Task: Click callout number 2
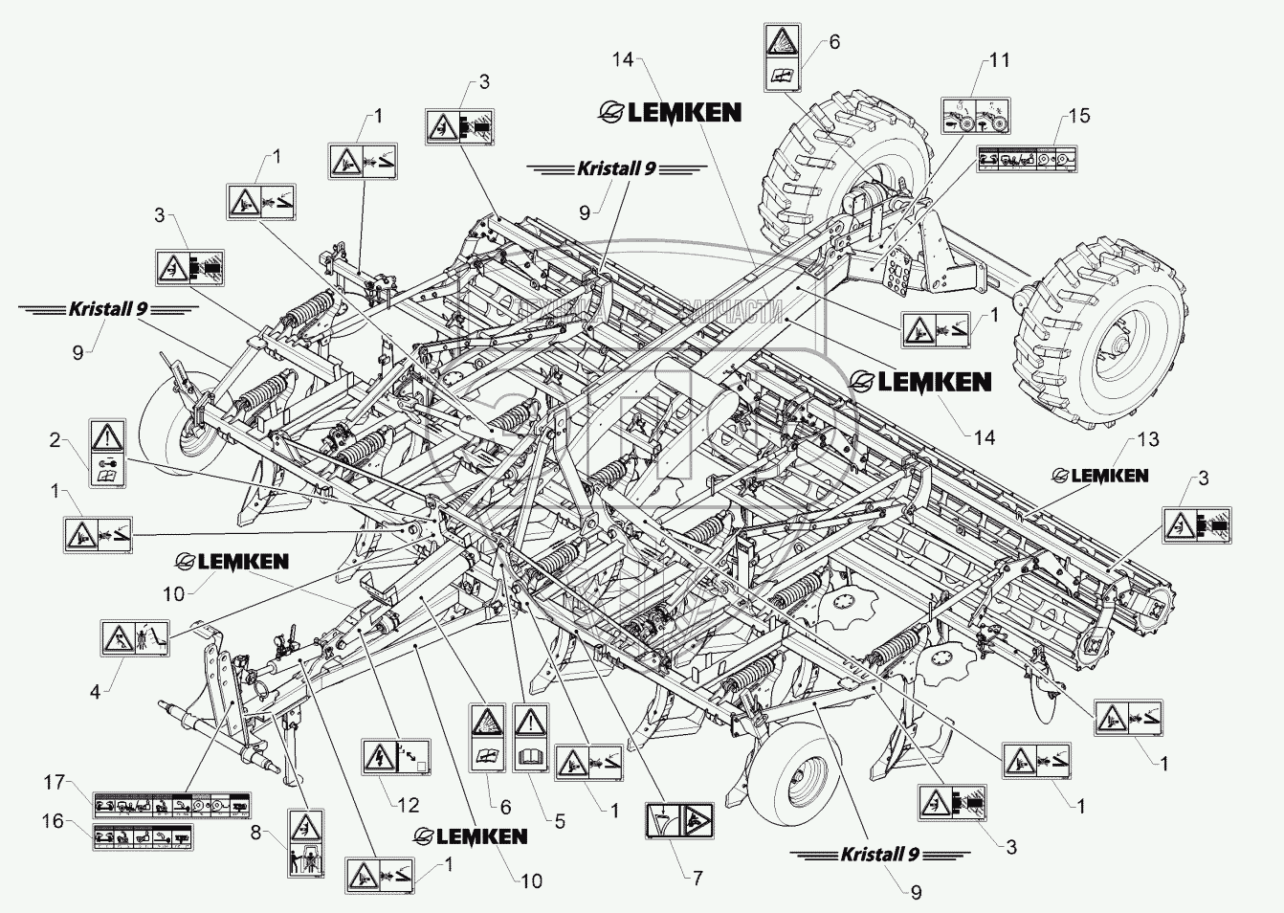pyautogui.click(x=55, y=441)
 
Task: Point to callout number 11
pyautogui.click(x=999, y=61)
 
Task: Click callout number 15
pyautogui.click(x=1079, y=117)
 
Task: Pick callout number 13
pyautogui.click(x=1148, y=439)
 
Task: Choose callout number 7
pyautogui.click(x=697, y=878)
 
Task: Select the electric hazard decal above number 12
pyautogui.click(x=396, y=756)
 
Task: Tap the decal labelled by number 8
pyautogui.click(x=306, y=843)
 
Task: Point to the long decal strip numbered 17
pyautogui.click(x=171, y=804)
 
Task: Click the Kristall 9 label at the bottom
pyautogui.click(x=879, y=854)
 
